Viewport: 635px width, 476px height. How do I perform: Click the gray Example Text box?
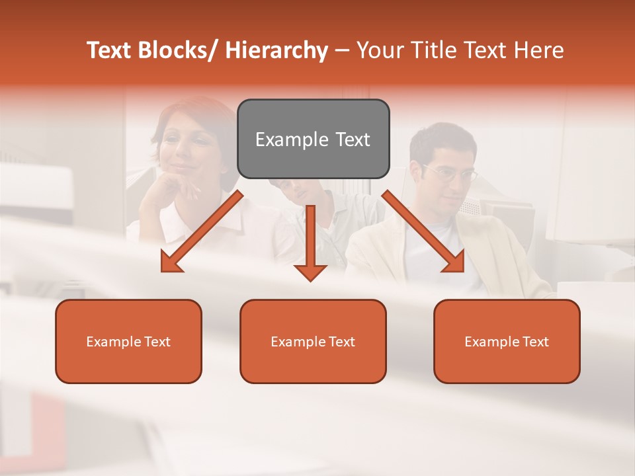[x=313, y=139]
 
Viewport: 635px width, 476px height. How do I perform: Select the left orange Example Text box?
[x=128, y=341]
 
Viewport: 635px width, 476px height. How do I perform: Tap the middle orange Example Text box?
[x=313, y=341]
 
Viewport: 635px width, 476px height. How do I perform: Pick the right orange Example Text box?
[x=507, y=341]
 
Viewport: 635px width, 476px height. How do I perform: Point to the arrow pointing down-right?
[x=424, y=232]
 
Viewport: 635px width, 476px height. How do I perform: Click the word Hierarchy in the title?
[x=276, y=51]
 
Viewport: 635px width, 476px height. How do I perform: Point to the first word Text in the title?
[x=108, y=51]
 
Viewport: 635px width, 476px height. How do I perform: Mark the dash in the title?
[x=342, y=51]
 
